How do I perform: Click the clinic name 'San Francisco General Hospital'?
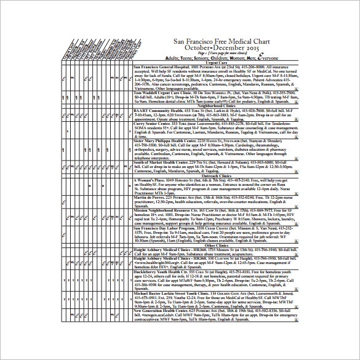point(163,66)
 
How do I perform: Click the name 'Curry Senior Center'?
point(153,123)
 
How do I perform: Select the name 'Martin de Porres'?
point(148,196)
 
